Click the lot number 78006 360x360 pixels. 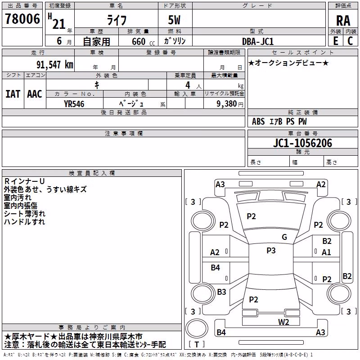(22, 19)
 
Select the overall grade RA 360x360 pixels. (343, 21)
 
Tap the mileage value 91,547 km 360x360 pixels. (54, 65)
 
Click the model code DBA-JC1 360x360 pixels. (258, 41)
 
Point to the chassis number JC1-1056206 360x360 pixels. (302, 143)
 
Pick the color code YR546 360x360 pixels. (74, 104)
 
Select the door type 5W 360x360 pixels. (174, 20)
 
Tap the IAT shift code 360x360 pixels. (13, 94)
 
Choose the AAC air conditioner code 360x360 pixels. (35, 94)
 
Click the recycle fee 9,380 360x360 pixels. (227, 104)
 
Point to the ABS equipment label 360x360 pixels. (258, 121)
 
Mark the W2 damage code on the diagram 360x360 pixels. (283, 322)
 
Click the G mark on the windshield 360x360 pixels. (284, 237)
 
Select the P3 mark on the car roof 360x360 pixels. (271, 251)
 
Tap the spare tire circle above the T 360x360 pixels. (197, 328)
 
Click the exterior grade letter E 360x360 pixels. (336, 41)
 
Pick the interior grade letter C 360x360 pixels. (350, 41)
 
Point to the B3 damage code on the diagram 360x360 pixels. (221, 292)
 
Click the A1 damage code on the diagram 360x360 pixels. (326, 252)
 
